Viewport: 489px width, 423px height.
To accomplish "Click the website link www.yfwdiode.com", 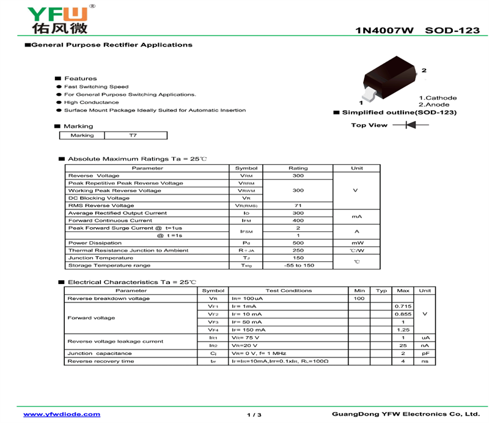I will coord(62,414).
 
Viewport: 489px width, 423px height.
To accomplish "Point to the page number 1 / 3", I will coord(254,415).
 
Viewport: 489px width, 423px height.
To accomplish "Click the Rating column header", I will coord(298,168).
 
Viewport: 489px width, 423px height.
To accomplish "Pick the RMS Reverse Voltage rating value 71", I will coord(298,206).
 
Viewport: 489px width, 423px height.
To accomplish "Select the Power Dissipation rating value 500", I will coord(298,243).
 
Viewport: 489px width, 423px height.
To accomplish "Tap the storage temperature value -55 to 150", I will coord(299,265).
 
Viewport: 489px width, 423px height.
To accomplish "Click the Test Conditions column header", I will coord(289,291).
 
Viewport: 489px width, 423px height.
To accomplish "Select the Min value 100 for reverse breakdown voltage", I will coord(359,298).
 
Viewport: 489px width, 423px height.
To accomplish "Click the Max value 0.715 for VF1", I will coord(402,306).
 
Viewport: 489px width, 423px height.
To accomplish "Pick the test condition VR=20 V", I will coord(244,345).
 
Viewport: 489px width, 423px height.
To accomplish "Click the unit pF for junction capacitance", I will coord(425,353).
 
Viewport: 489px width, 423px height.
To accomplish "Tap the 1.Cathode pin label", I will coord(438,98).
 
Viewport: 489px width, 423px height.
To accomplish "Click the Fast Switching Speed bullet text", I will coord(96,87).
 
